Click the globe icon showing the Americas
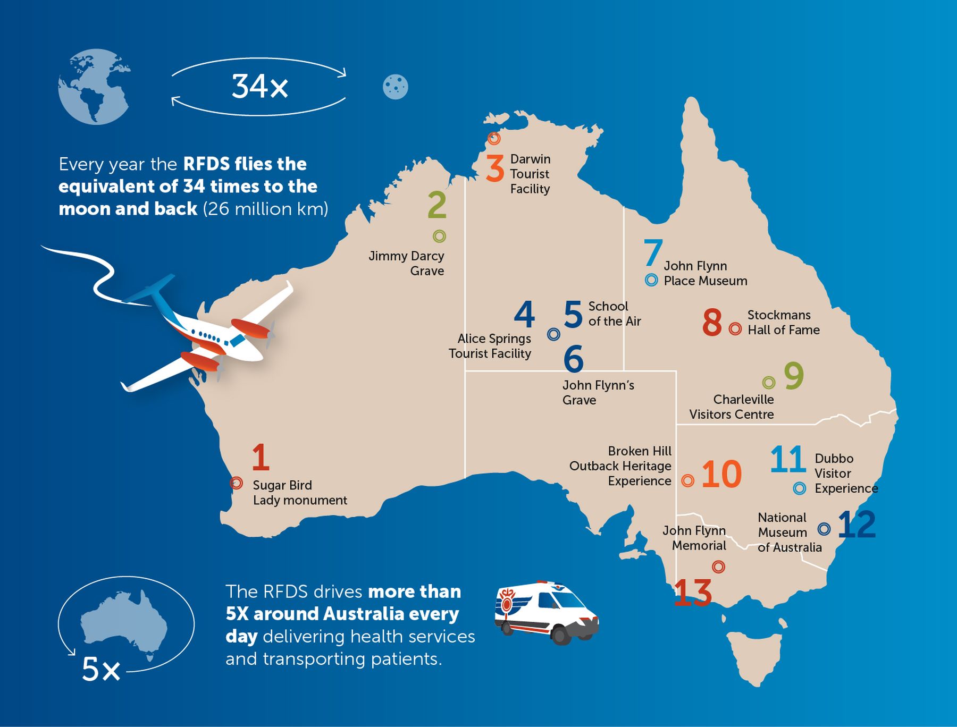coord(94,87)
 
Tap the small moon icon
coord(395,87)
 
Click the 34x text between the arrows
coord(259,86)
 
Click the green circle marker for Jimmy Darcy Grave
coord(439,236)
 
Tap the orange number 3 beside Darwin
coord(495,168)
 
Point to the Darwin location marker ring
coord(494,139)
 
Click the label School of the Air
coord(614,314)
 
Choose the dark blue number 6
coord(574,359)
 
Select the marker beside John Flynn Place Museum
coord(651,280)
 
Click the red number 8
coord(712,322)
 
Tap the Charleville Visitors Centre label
coord(732,407)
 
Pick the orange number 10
coord(721,474)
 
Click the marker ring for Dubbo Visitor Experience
coord(800,488)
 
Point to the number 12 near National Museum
coord(857,525)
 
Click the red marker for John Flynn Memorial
coord(718,567)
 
